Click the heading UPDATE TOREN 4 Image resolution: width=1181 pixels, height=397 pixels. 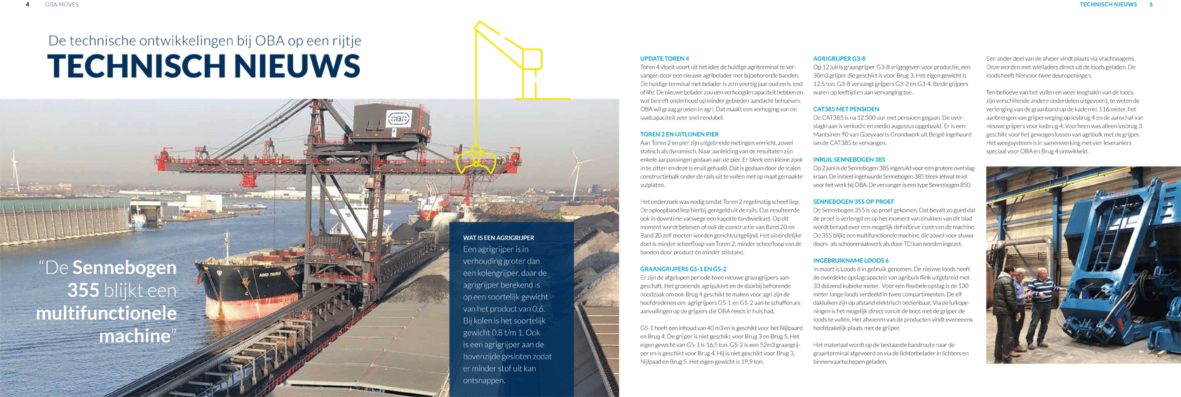point(664,59)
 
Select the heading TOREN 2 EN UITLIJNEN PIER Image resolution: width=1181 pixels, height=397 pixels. point(679,135)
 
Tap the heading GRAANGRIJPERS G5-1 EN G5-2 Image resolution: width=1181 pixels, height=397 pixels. point(683,269)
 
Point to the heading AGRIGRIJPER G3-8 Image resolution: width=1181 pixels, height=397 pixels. point(839,59)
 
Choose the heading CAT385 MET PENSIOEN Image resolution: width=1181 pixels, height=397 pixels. point(846,109)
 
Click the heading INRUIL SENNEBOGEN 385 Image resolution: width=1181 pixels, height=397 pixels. point(849,160)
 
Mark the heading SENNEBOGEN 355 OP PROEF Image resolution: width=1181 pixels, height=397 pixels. point(853,202)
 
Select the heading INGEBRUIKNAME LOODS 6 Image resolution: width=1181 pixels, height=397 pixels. point(851,261)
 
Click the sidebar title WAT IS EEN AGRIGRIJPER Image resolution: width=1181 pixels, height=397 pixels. point(499,238)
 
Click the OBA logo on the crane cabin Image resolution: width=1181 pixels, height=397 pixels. point(398,117)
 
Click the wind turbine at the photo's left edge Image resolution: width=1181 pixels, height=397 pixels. point(13,168)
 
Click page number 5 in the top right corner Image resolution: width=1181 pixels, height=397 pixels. point(1151,4)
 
